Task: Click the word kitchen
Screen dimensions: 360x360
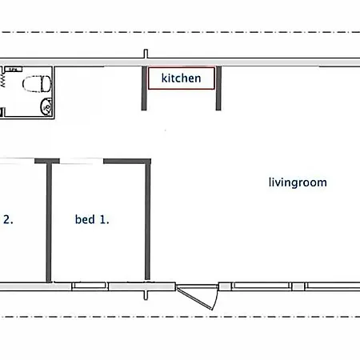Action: pyautogui.click(x=181, y=78)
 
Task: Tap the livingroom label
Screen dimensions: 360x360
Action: pyautogui.click(x=298, y=182)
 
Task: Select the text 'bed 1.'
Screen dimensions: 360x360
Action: pyautogui.click(x=92, y=219)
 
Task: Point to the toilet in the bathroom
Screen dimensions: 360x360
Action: pyautogui.click(x=37, y=84)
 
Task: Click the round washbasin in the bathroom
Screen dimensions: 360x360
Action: pyautogui.click(x=46, y=106)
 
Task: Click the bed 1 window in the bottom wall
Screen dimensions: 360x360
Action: pyautogui.click(x=90, y=286)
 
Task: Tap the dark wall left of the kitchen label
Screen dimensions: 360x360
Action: pyautogui.click(x=144, y=88)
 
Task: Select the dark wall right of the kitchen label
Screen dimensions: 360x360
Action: pyautogui.click(x=218, y=88)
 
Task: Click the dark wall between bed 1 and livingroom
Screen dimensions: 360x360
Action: pyautogui.click(x=148, y=221)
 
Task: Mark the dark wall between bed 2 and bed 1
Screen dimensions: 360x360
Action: pyautogui.click(x=49, y=222)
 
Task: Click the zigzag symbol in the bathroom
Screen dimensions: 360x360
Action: pyautogui.click(x=3, y=80)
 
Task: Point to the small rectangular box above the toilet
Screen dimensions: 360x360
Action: pyautogui.click(x=14, y=70)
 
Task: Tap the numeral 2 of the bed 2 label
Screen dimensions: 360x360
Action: pyautogui.click(x=7, y=219)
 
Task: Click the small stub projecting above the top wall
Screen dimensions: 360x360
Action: pyautogui.click(x=146, y=54)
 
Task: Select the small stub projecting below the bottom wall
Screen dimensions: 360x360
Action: pyautogui.click(x=146, y=295)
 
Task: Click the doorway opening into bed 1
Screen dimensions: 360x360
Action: pyautogui.click(x=82, y=161)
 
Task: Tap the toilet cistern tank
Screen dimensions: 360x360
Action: pyautogui.click(x=46, y=84)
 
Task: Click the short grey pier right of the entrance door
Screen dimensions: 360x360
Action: pyautogui.click(x=225, y=286)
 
